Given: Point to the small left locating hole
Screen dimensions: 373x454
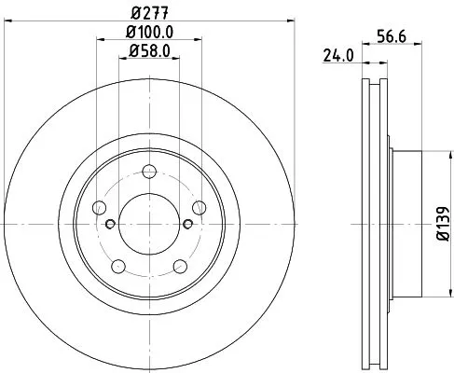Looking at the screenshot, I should pyautogui.click(x=110, y=224).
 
